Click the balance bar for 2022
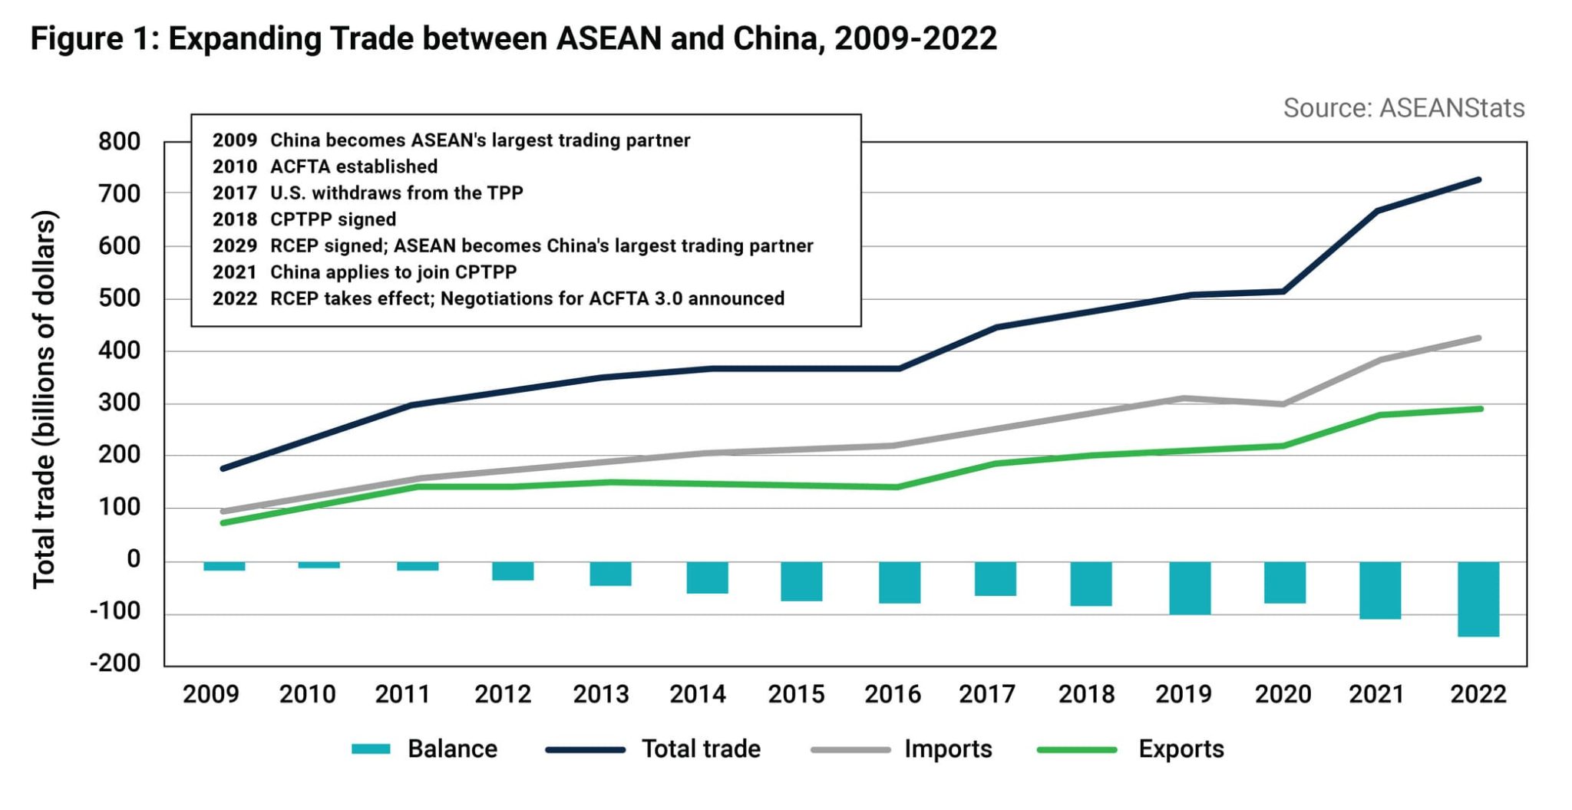pos(1478,598)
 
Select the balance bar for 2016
pos(899,582)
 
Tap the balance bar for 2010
pos(319,565)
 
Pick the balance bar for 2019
pos(1189,588)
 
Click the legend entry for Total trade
pos(700,749)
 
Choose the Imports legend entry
pos(947,749)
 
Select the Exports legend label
pos(1181,749)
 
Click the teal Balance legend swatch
pos(371,749)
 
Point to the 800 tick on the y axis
pos(119,142)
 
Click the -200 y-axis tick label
pos(115,663)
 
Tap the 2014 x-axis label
pos(697,694)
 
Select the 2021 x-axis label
pos(1376,694)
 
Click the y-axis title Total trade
pos(44,399)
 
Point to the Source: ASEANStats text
pos(1403,108)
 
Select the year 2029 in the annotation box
pos(234,245)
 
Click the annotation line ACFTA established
pos(353,166)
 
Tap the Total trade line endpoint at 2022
pos(1478,180)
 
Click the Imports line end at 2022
pos(1478,338)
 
